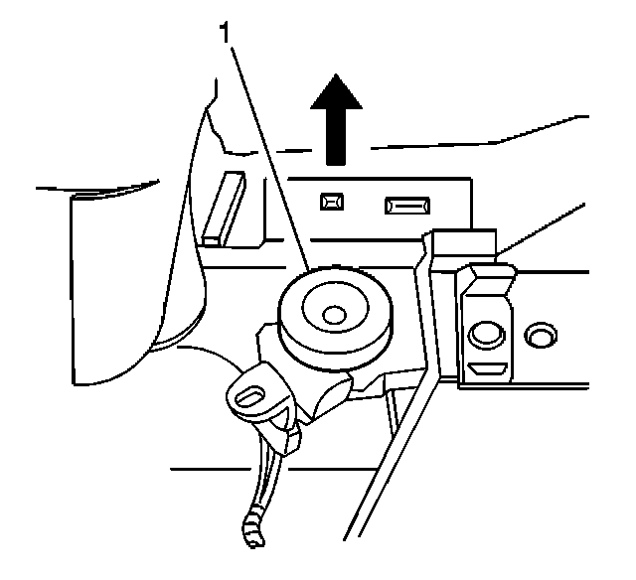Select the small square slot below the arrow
329,203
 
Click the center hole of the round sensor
335,315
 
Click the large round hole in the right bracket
486,333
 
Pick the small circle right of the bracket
542,334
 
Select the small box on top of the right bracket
465,241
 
